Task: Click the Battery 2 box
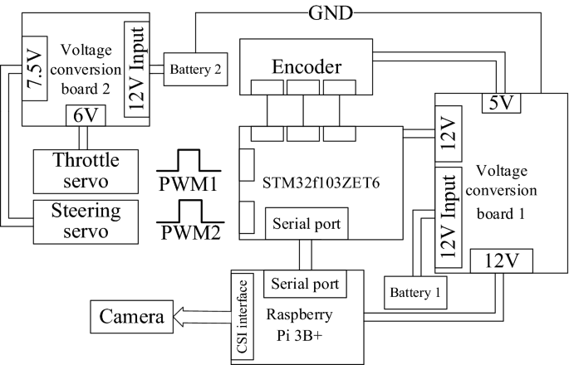(195, 69)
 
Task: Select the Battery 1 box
(415, 293)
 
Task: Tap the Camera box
(132, 316)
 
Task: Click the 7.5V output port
(35, 69)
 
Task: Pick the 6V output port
(86, 115)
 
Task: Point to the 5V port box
(501, 103)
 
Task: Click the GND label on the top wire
(331, 13)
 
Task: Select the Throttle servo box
(86, 172)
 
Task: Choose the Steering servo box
(86, 221)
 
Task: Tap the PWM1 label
(188, 184)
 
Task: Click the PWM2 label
(191, 232)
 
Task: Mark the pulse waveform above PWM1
(189, 160)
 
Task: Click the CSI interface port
(243, 317)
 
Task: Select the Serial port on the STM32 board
(307, 224)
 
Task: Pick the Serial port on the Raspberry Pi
(305, 284)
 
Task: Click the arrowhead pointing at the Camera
(180, 316)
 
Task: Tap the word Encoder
(307, 66)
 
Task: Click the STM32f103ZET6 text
(321, 182)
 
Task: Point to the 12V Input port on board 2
(137, 69)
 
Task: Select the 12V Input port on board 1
(449, 217)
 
